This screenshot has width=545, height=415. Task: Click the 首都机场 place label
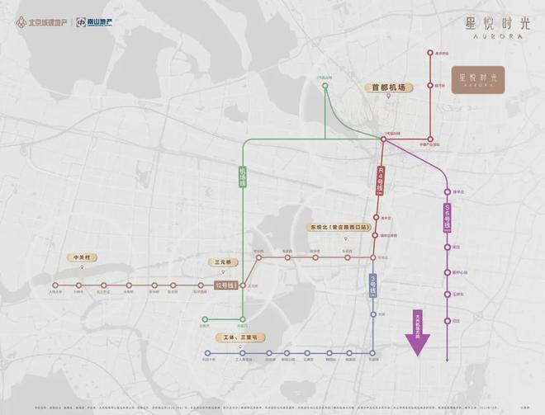(389, 86)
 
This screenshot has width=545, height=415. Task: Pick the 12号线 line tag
(225, 285)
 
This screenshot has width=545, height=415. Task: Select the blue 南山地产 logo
(96, 21)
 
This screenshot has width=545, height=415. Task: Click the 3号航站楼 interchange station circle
(383, 139)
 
